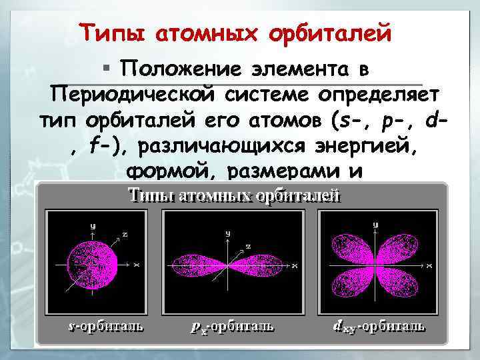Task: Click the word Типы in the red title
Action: (x=111, y=31)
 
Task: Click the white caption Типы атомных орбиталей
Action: (x=234, y=195)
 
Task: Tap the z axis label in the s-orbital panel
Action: (x=124, y=234)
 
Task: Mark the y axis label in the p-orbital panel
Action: (x=228, y=233)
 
